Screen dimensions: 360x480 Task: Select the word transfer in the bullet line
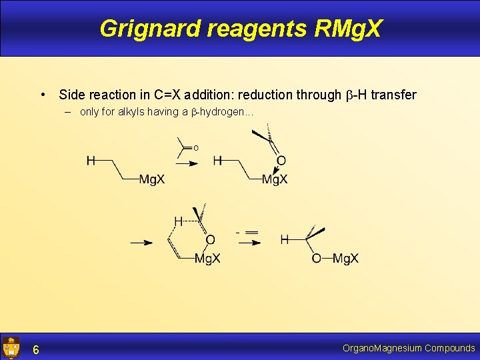tap(393, 95)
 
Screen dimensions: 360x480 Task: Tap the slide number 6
tap(36, 349)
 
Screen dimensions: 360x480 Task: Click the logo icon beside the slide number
tap(11, 347)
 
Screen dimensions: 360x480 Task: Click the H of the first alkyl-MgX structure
tap(90, 161)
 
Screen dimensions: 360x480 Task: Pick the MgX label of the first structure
tap(152, 179)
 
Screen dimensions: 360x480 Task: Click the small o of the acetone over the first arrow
tap(196, 148)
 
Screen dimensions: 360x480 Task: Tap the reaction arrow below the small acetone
tap(187, 162)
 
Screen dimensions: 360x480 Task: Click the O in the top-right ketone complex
tap(281, 161)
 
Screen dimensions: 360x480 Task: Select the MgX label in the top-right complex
tap(275, 179)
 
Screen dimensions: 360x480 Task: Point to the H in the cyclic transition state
tap(178, 221)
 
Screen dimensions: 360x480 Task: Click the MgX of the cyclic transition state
tap(207, 259)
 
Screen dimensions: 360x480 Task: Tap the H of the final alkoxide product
tap(285, 239)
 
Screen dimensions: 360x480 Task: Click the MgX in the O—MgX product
tap(346, 259)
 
